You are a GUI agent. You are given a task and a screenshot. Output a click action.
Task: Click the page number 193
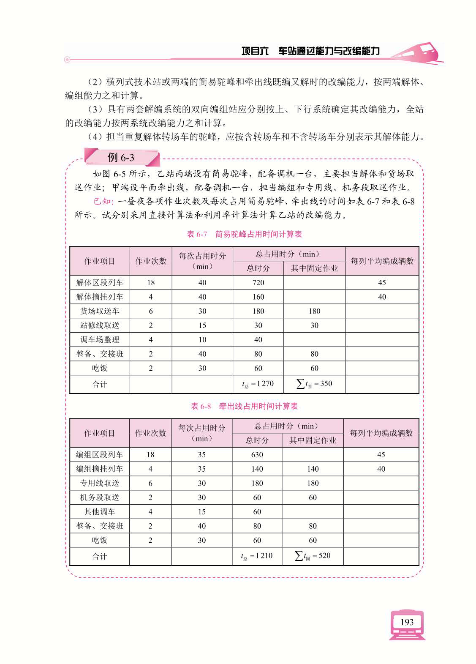point(407,622)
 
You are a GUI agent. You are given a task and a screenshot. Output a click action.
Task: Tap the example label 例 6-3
point(121,158)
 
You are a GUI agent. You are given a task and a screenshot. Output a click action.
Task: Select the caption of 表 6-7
point(244,234)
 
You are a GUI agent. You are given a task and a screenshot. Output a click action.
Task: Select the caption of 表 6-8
point(244,406)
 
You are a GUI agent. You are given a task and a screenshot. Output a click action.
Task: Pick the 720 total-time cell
point(258,283)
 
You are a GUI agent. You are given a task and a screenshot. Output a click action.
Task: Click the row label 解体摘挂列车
point(100,297)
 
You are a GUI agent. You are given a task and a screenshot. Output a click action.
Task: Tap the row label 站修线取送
point(100,325)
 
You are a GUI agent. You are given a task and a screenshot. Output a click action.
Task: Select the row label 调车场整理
point(100,340)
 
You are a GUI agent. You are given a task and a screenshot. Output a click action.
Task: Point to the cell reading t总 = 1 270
point(258,384)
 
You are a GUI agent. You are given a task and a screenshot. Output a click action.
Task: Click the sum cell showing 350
point(315,384)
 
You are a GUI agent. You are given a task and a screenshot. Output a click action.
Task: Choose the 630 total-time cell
point(257,455)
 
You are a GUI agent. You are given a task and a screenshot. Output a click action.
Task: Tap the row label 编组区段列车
point(99,455)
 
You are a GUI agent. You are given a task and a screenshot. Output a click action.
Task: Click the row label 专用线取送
point(99,483)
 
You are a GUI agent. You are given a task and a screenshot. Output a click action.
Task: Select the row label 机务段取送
point(99,497)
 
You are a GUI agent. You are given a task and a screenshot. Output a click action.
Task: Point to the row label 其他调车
point(99,512)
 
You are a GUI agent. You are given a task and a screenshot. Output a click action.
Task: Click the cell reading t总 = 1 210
point(257,556)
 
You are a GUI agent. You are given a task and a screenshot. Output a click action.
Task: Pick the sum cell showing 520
point(313,556)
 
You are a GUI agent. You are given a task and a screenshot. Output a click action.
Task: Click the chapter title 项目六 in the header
point(255,51)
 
